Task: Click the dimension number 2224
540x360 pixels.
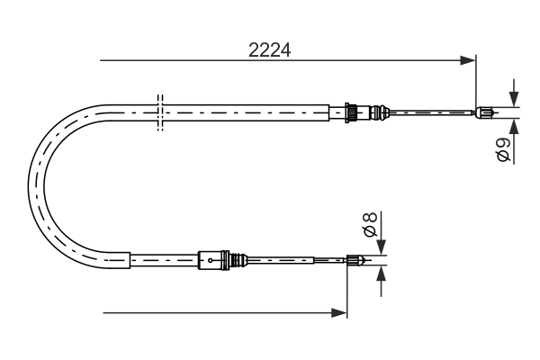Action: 269,50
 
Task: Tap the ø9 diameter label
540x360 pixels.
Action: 504,149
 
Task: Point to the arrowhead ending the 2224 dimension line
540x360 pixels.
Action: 468,61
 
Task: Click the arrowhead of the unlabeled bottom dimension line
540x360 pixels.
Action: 339,313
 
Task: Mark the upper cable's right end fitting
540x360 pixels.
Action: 486,112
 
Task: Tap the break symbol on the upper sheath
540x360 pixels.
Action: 160,112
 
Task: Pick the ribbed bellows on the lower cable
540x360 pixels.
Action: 238,261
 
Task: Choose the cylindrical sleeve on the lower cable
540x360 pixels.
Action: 211,261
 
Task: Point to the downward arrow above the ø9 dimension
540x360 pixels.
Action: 513,94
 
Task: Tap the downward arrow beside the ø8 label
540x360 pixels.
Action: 381,245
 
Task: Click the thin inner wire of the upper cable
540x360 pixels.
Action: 432,112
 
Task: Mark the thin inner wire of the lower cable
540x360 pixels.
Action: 297,261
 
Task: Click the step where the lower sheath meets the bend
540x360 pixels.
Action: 131,261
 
